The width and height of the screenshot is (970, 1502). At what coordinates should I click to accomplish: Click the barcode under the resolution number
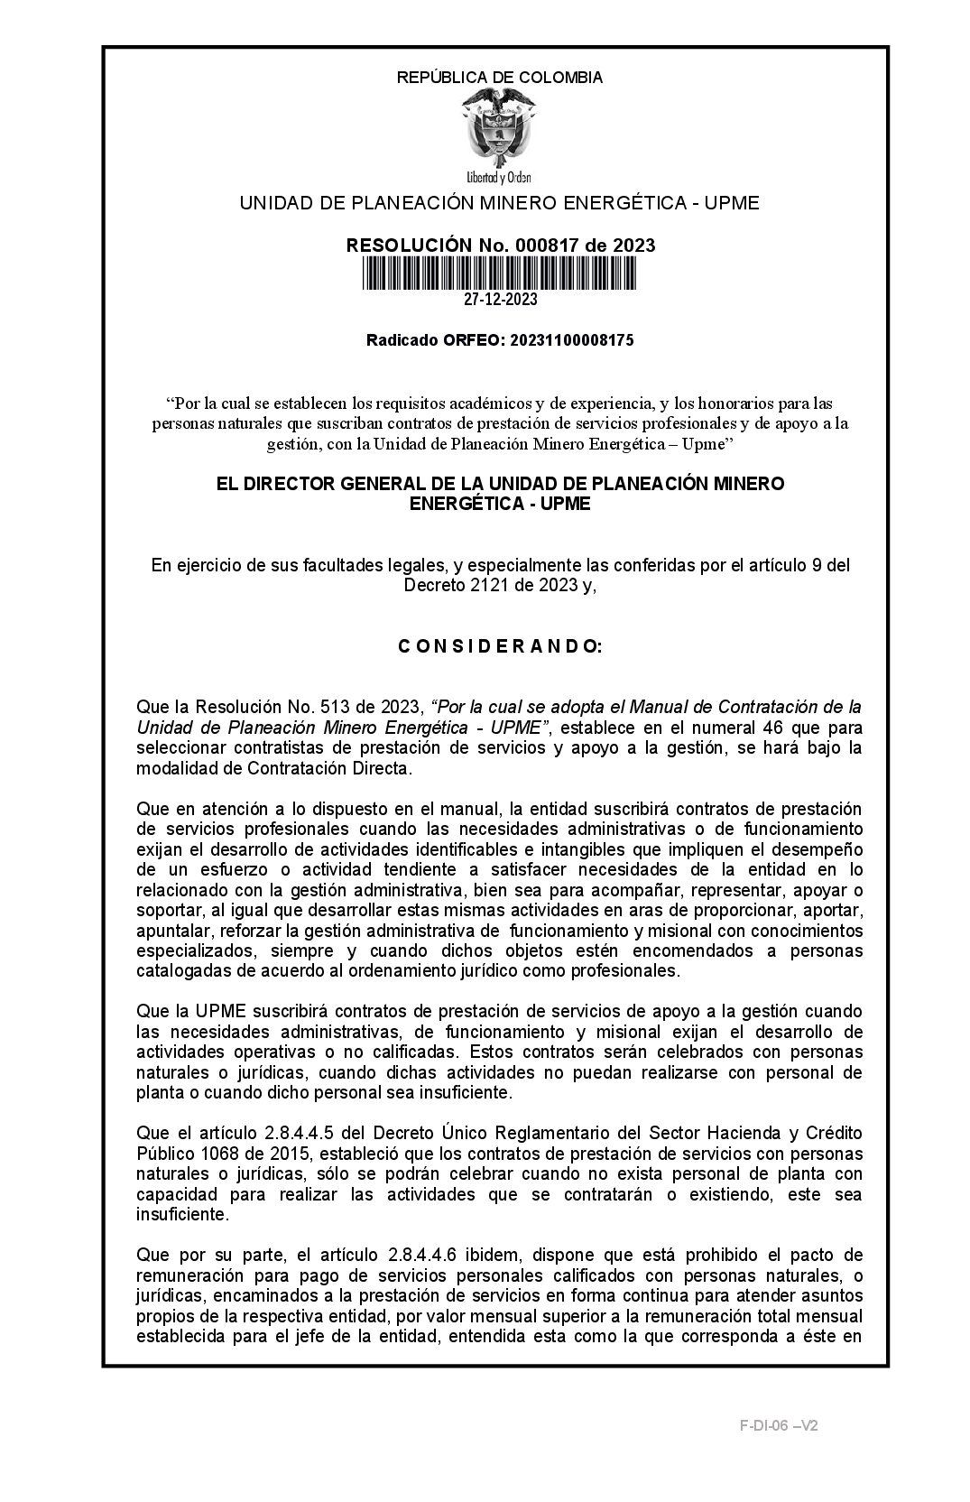499,273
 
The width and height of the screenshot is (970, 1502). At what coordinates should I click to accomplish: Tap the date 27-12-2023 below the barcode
500,300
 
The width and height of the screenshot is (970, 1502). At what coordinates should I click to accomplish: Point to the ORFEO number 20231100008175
571,340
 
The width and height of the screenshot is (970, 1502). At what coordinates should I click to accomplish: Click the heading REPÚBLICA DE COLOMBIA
499,78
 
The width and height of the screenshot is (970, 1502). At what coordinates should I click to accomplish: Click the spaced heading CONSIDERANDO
499,647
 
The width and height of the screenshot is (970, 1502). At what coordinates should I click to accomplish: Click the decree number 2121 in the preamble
476,585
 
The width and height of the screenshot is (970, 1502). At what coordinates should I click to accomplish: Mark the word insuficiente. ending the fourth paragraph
182,1214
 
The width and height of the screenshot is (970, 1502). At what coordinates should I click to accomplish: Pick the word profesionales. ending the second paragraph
629,971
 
